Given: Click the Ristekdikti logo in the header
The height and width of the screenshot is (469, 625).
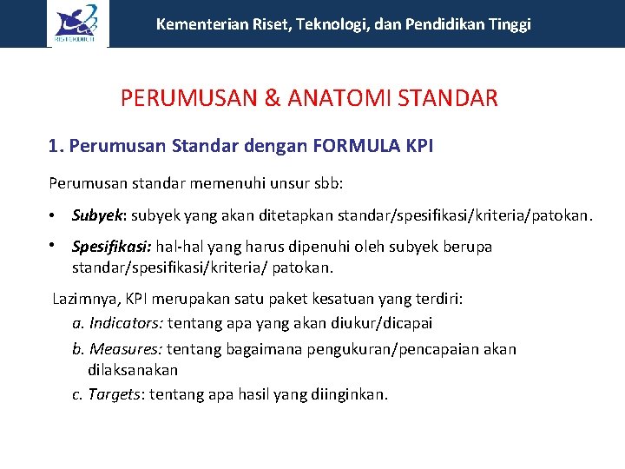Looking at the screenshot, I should pyautogui.click(x=77, y=23).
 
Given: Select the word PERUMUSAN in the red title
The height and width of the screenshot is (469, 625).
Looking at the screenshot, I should pyautogui.click(x=188, y=98).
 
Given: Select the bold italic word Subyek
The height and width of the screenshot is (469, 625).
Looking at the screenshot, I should pyautogui.click(x=98, y=215).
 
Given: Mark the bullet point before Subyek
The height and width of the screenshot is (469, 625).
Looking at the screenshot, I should pyautogui.click(x=53, y=215).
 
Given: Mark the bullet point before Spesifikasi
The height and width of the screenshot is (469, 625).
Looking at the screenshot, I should pyautogui.click(x=53, y=246).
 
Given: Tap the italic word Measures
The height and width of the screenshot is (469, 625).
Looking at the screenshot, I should pyautogui.click(x=124, y=349).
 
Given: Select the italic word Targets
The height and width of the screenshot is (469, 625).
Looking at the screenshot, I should pyautogui.click(x=114, y=394).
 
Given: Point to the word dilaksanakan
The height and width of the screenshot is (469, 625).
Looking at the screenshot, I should pyautogui.click(x=132, y=370).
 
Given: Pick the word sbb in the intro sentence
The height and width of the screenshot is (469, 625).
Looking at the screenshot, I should pyautogui.click(x=327, y=183).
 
